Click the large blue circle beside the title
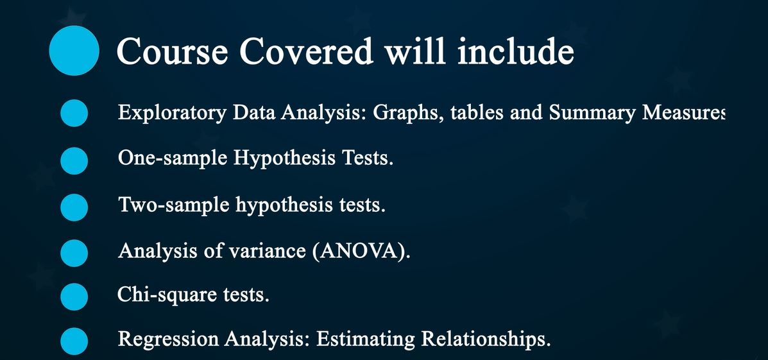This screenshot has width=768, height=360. click(74, 51)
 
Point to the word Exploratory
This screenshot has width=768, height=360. click(172, 113)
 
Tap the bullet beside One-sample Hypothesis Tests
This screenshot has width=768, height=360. click(74, 160)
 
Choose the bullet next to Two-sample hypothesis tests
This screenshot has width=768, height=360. click(74, 207)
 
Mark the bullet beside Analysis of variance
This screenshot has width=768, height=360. click(74, 252)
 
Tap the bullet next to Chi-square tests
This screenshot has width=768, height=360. click(74, 296)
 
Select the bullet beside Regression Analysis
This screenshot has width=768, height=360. click(74, 341)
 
